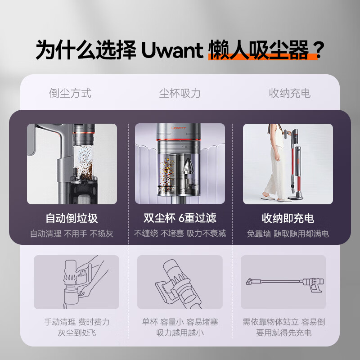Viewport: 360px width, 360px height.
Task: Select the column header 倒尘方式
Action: point(70,93)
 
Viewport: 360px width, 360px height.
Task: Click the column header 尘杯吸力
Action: point(180,93)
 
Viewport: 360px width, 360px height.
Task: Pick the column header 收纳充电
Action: point(289,93)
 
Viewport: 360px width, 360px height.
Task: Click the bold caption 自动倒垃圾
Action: point(72,218)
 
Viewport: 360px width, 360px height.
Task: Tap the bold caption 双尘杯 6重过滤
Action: point(180,218)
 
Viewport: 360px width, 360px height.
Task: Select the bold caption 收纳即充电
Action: point(288,218)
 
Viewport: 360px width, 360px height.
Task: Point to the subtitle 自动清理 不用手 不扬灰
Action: point(72,234)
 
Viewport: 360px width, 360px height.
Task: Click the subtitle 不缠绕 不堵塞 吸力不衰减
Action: point(180,234)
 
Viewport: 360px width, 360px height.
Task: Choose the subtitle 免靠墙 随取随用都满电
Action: point(288,234)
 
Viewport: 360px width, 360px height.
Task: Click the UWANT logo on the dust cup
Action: point(179,128)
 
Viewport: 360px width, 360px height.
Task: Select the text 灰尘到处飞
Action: point(76,333)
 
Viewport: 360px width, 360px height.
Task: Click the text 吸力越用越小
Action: point(180,333)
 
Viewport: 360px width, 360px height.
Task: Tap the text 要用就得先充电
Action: point(283,333)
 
